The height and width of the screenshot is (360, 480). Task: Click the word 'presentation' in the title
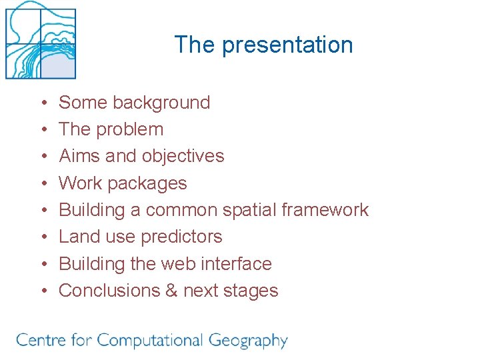(287, 45)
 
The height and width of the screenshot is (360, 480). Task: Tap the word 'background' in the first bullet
(161, 103)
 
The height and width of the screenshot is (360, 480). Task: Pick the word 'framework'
(325, 210)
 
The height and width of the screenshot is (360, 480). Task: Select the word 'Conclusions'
(109, 291)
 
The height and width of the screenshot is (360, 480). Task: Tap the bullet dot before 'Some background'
(43, 103)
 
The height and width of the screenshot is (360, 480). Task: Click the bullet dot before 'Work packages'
(43, 184)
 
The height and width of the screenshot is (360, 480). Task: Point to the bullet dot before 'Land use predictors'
(43, 237)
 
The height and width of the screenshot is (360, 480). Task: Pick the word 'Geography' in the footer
(248, 341)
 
